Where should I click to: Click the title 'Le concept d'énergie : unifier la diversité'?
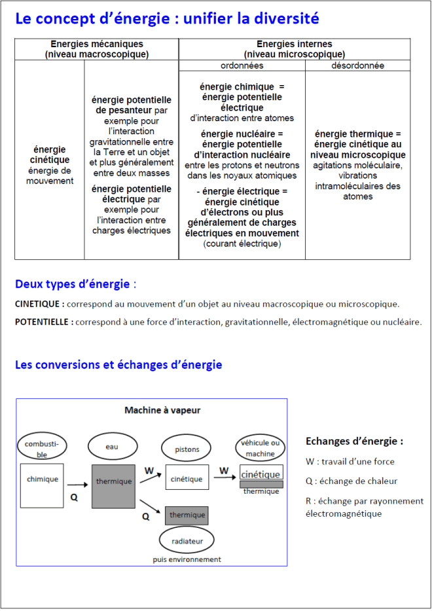[167, 19]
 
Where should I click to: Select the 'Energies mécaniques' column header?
[97, 49]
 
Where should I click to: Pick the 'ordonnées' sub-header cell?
[242, 66]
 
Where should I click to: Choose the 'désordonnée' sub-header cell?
[357, 66]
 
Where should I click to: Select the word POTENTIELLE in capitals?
[44, 322]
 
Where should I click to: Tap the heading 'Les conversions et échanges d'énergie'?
[118, 365]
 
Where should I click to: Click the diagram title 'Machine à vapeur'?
[162, 411]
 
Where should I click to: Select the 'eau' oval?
[113, 447]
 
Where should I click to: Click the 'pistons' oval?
[187, 450]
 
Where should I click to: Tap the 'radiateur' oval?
[187, 541]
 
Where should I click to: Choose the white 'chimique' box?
[42, 485]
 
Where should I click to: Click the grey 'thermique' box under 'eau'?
[113, 485]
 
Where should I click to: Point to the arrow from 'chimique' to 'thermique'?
[79, 485]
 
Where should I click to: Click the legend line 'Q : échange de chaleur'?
[351, 481]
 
